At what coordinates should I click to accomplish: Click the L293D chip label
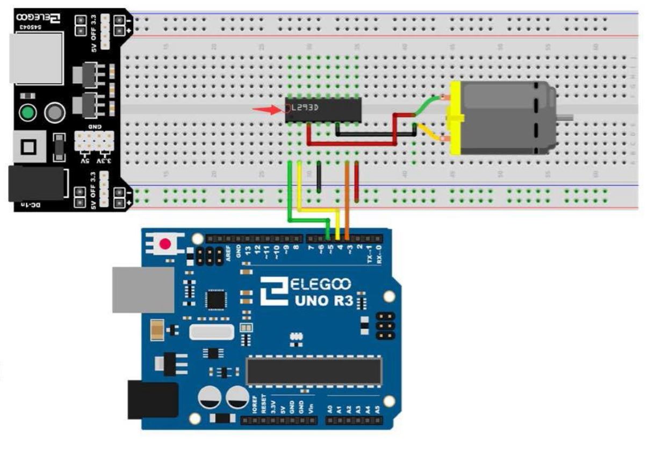305,107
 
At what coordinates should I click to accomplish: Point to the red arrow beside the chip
267,111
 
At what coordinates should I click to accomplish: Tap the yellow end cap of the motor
456,118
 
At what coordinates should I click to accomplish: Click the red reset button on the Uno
165,244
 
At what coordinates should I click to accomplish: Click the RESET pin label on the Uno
264,404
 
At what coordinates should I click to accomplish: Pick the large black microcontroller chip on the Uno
314,371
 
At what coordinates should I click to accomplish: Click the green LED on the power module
27,113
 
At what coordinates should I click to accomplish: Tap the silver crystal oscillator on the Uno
212,333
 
